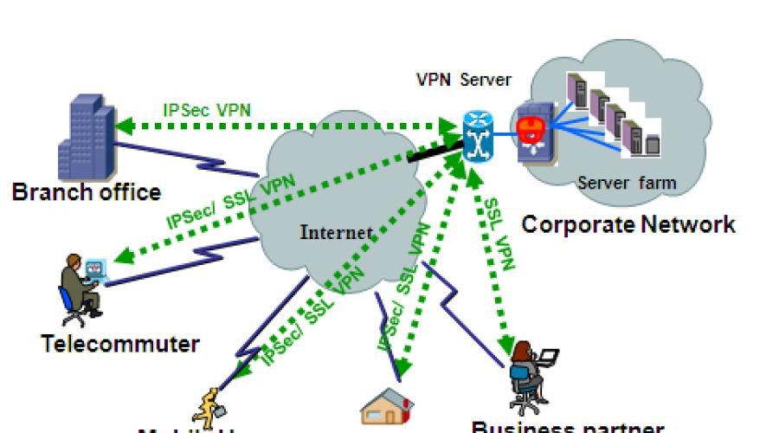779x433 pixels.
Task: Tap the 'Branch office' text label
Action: [87, 191]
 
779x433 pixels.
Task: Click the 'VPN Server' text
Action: [464, 81]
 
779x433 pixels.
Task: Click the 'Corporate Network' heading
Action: [628, 225]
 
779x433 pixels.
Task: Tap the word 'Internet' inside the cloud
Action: [337, 232]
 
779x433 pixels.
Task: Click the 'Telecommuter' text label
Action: [120, 343]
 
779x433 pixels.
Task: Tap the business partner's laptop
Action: [546, 357]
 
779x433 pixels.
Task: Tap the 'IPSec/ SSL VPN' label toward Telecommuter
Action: [231, 202]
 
